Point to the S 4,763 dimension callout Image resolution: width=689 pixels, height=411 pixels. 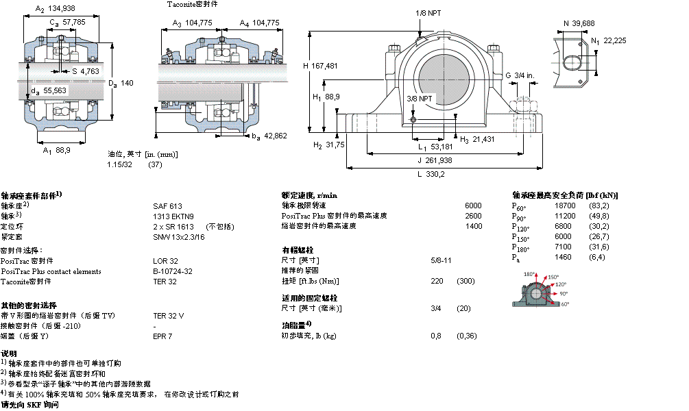tap(86, 71)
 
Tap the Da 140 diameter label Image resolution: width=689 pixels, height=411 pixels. tap(119, 83)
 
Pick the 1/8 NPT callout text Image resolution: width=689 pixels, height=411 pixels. tap(428, 13)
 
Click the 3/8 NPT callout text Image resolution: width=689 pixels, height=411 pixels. tap(420, 99)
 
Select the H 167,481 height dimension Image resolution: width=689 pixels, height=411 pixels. tap(320, 66)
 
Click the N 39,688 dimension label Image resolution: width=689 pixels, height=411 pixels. tap(579, 23)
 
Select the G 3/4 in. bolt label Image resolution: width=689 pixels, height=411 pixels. tap(520, 75)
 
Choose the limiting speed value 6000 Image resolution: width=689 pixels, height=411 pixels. tap(473, 206)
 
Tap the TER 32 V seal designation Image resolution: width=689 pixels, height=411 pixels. tap(169, 316)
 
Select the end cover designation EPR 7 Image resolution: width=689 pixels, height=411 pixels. tap(162, 336)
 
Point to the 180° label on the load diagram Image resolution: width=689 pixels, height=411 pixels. tap(529, 275)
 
